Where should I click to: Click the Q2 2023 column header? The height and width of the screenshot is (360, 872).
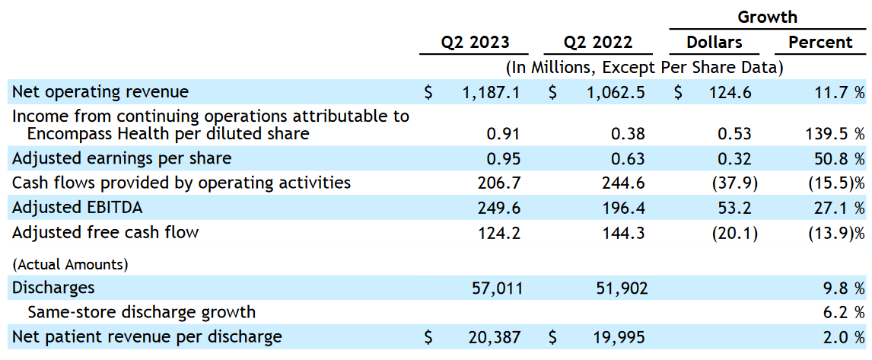tap(475, 43)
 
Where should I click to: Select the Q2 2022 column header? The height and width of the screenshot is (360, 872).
tap(598, 43)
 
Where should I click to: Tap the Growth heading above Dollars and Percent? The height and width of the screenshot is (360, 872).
tap(768, 18)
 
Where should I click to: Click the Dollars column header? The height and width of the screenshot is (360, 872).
tap(714, 43)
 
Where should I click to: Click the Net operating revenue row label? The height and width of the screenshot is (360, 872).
tap(100, 92)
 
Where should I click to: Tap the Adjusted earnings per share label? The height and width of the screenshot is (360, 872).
tap(122, 158)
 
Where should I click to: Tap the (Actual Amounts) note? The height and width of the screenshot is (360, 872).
tap(70, 265)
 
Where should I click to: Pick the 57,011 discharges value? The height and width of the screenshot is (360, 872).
tap(495, 288)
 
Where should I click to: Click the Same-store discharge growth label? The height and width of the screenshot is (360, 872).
tap(142, 312)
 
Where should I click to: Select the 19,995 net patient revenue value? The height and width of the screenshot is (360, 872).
tap(620, 336)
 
